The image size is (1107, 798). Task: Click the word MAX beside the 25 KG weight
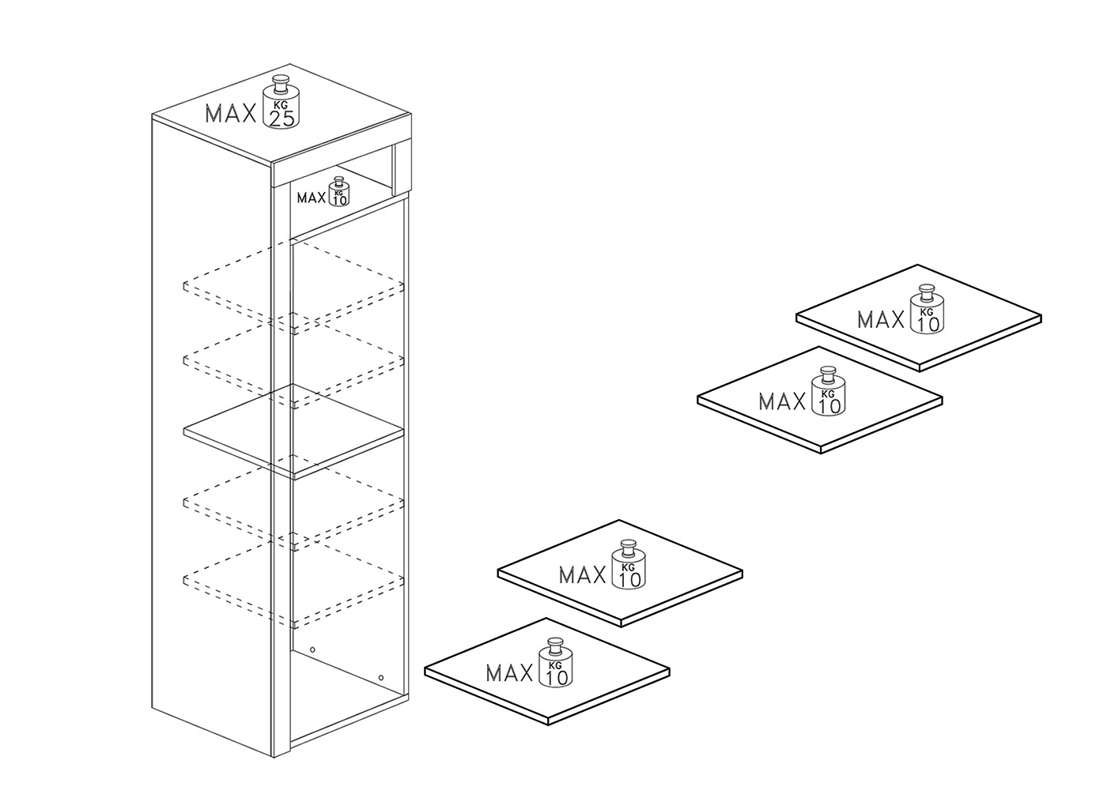[231, 114]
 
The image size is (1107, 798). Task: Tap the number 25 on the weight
[281, 119]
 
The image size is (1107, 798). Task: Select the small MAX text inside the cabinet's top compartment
[312, 198]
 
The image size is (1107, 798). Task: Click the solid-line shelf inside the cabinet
[293, 431]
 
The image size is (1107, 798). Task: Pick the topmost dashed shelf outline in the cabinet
[293, 286]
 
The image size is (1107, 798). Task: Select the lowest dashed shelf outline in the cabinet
[293, 581]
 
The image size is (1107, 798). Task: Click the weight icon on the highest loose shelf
[928, 309]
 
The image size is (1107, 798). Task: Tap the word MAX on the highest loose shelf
[881, 319]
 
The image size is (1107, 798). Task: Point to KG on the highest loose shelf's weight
[927, 312]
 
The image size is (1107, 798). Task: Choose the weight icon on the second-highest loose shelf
[829, 391]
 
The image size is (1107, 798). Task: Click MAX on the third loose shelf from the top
[583, 575]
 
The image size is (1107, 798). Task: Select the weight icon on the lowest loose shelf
[555, 662]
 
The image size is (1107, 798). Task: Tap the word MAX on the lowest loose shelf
[509, 673]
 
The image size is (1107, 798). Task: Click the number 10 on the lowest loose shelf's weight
[557, 678]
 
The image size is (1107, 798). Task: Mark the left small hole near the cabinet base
[312, 649]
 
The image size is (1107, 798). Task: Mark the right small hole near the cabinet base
[380, 678]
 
